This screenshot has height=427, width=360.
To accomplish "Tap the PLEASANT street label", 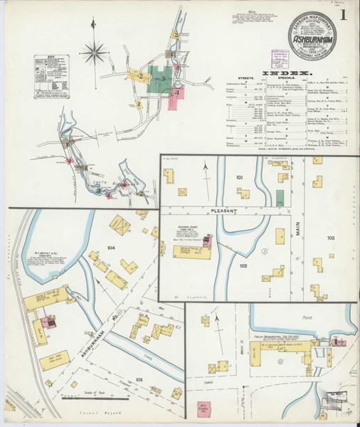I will pos(226,211).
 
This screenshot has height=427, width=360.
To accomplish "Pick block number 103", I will pos(330,236).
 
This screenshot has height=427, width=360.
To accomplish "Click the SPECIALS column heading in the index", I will pos(286,80).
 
